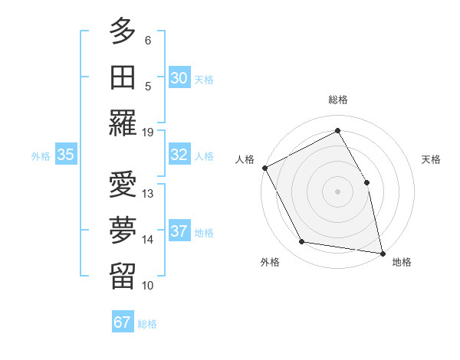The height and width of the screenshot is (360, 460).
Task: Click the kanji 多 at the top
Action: [x=123, y=31]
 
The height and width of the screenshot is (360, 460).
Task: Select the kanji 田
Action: [x=123, y=77]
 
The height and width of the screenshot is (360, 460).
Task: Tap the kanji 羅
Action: [x=123, y=123]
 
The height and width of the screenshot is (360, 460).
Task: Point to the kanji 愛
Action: [x=123, y=186]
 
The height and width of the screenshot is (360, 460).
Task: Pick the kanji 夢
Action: [x=123, y=232]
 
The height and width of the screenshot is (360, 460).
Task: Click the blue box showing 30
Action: [x=179, y=78]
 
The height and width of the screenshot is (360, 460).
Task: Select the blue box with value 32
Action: [x=179, y=155]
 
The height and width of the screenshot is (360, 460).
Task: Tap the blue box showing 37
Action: [x=179, y=231]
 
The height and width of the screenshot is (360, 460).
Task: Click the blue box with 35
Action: [x=66, y=155]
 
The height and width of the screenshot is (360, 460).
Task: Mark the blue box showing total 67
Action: [x=123, y=322]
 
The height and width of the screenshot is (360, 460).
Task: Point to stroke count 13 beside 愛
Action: [x=148, y=194]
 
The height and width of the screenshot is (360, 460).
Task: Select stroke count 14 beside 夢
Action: [x=148, y=240]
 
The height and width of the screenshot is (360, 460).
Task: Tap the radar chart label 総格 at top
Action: [x=338, y=100]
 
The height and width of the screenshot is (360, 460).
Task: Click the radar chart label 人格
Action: [x=245, y=159]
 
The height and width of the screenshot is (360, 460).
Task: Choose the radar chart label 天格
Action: [x=431, y=159]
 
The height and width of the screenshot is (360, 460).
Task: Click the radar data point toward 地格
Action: [x=383, y=253]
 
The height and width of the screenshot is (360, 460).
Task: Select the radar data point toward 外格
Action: [x=302, y=242]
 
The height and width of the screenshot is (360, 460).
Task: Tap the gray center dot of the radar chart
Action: [x=337, y=191]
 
